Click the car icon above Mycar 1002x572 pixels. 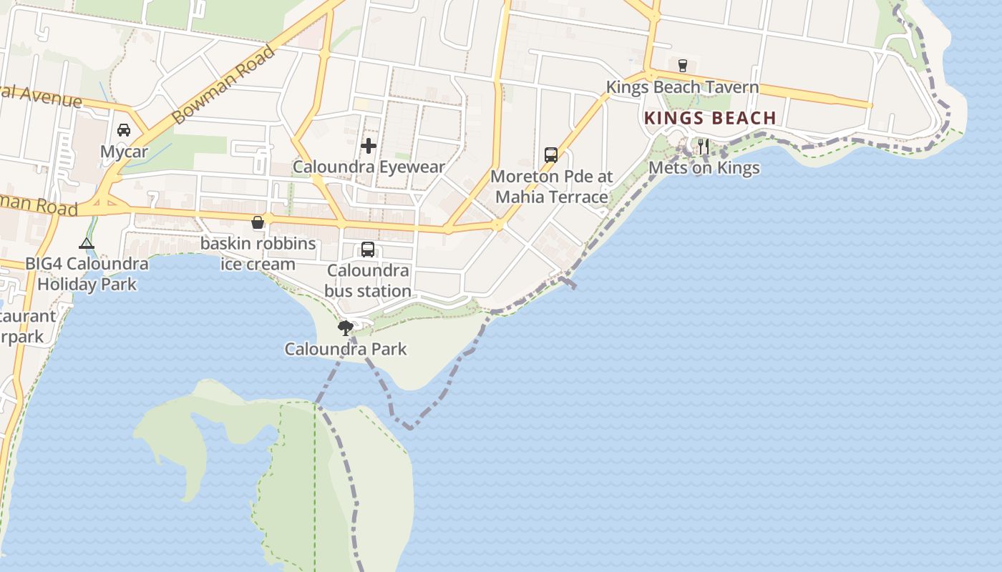tap(124, 130)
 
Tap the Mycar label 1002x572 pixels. tap(124, 152)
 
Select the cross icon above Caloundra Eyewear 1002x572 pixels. tap(369, 146)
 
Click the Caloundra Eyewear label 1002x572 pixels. tap(369, 167)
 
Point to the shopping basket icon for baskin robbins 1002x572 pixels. tap(258, 222)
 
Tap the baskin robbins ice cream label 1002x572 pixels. tap(258, 254)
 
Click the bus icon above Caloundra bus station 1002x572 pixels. tap(368, 250)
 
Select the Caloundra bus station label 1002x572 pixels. tap(368, 281)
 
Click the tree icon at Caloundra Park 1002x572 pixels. tap(346, 328)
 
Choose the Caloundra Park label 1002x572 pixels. tap(346, 350)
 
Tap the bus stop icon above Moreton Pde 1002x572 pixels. tap(551, 154)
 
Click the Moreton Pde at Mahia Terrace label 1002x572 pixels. tap(551, 186)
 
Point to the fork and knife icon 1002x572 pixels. tap(704, 147)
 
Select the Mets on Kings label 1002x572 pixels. tap(704, 168)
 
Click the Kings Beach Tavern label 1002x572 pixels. tap(682, 87)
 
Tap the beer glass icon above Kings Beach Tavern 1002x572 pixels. tap(682, 65)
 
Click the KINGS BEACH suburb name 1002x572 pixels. tap(710, 118)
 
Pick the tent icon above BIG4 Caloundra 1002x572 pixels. tap(87, 243)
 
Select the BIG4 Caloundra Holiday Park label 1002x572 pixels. tap(87, 274)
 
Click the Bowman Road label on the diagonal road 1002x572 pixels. tap(224, 84)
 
